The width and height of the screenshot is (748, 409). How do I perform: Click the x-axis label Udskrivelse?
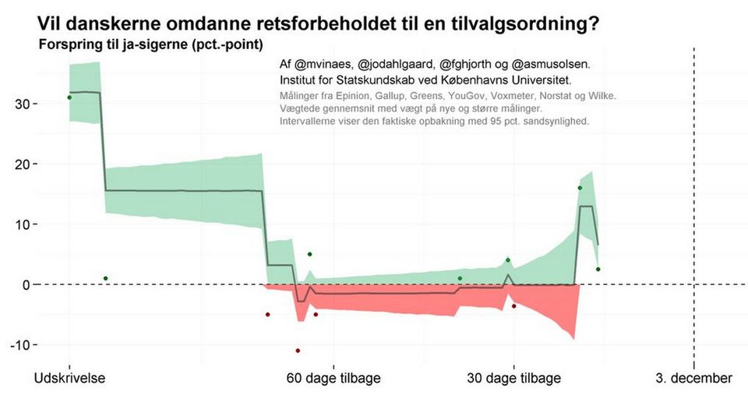pyautogui.click(x=70, y=379)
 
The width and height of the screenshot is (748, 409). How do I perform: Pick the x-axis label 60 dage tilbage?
pyautogui.click(x=333, y=379)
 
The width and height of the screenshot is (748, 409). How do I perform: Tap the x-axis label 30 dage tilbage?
pyautogui.click(x=513, y=379)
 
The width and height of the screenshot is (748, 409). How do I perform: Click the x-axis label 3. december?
pyautogui.click(x=693, y=379)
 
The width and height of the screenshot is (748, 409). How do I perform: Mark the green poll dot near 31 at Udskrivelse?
pyautogui.click(x=69, y=97)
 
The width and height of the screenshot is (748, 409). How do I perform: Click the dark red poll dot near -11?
pyautogui.click(x=298, y=351)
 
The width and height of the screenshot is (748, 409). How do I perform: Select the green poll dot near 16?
pyautogui.click(x=580, y=188)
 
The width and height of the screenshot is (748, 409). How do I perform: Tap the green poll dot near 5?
pyautogui.click(x=309, y=254)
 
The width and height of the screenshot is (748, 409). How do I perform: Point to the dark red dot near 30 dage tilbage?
pyautogui.click(x=514, y=306)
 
